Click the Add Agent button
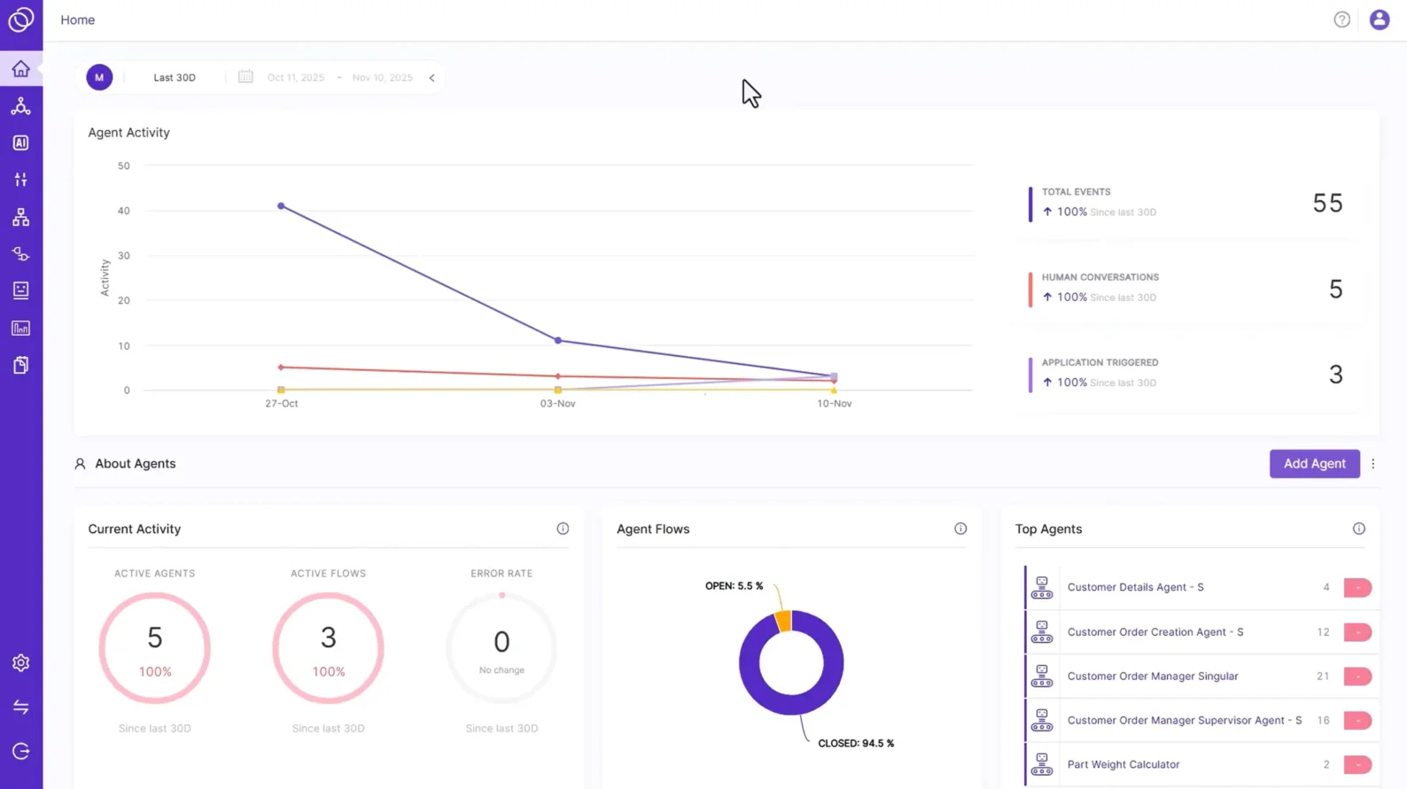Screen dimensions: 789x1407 tap(1314, 463)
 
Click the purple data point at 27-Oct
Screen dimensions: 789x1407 tap(281, 206)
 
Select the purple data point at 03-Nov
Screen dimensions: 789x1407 tap(557, 340)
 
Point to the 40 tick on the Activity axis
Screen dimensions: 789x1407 tap(123, 211)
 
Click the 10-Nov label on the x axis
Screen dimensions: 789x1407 tap(834, 404)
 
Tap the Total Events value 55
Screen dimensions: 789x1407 tap(1326, 203)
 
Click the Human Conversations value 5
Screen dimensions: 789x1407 tap(1335, 289)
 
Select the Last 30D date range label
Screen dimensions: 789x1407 tap(175, 78)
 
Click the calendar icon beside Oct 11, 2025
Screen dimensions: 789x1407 tap(245, 77)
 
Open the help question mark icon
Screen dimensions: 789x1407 tap(1341, 19)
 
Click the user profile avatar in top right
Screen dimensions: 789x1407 tap(1379, 19)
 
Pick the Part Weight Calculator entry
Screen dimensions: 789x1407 tap(1123, 765)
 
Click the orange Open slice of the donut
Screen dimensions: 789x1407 tap(783, 620)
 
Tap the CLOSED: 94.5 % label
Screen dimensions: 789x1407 tap(855, 744)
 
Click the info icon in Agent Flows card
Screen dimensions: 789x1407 tap(960, 529)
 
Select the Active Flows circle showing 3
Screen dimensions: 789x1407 tap(328, 648)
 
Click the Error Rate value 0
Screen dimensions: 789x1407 tap(501, 642)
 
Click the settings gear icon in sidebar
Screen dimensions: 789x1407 tap(21, 663)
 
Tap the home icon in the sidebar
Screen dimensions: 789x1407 tap(21, 69)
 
